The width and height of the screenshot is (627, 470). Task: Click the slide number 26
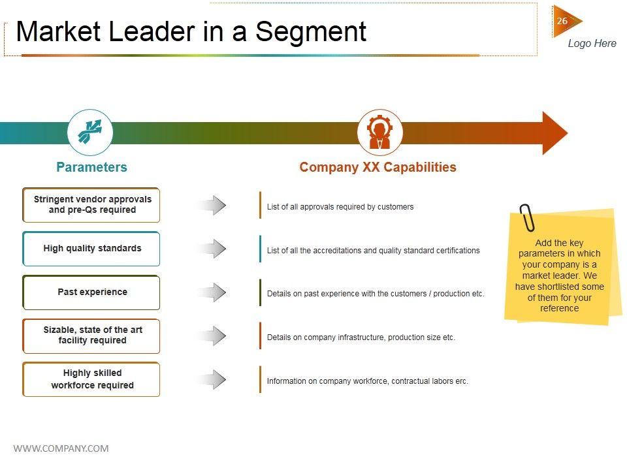(x=562, y=22)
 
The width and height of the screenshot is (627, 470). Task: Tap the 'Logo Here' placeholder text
(x=592, y=44)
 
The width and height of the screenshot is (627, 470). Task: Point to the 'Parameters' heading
(x=91, y=167)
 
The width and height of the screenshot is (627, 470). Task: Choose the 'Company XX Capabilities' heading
(x=378, y=167)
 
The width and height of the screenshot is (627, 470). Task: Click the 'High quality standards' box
(x=91, y=249)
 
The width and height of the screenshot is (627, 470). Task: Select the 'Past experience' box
(x=91, y=292)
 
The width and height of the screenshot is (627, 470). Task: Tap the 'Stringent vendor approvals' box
(x=91, y=205)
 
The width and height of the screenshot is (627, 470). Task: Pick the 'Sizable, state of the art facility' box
(x=91, y=336)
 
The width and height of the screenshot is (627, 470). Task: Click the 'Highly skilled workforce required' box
(x=91, y=379)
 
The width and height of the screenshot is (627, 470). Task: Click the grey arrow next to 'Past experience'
(x=212, y=292)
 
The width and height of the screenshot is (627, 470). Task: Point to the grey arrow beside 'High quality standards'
(x=212, y=249)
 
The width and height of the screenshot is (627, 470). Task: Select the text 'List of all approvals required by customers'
(x=340, y=207)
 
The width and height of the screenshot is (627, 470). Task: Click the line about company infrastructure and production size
(x=361, y=337)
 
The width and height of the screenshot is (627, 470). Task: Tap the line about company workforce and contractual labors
(x=367, y=381)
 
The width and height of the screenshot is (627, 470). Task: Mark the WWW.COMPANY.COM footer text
(x=61, y=448)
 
